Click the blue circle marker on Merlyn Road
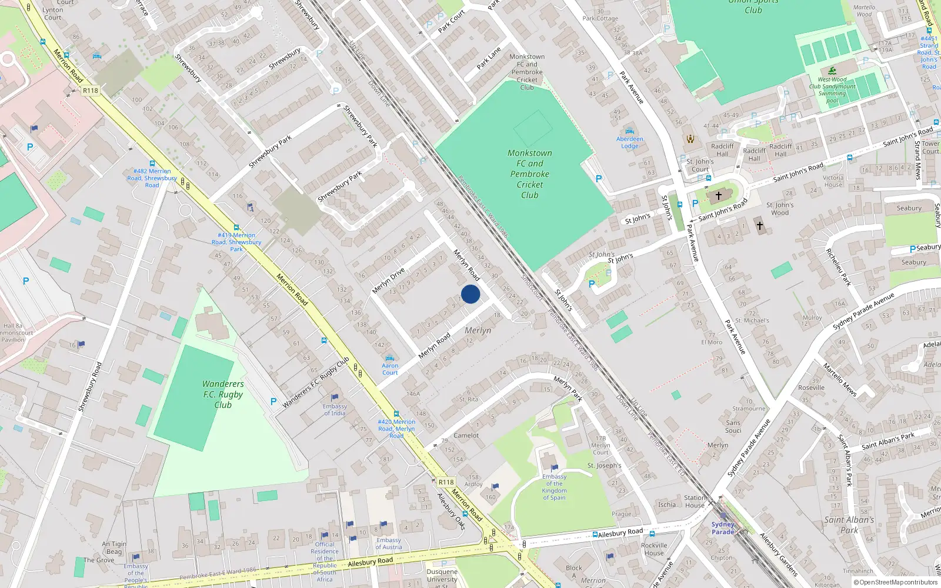pyautogui.click(x=470, y=294)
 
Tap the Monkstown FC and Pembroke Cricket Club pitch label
pyautogui.click(x=530, y=174)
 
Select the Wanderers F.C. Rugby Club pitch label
pyautogui.click(x=223, y=395)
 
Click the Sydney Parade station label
pyautogui.click(x=723, y=527)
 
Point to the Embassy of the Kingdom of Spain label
pyautogui.click(x=554, y=487)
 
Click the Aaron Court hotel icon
pyautogui.click(x=389, y=358)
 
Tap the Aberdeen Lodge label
pyautogui.click(x=629, y=142)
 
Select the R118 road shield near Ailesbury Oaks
pyautogui.click(x=446, y=482)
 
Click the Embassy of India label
pyautogui.click(x=335, y=409)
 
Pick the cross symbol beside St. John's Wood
pyautogui.click(x=759, y=225)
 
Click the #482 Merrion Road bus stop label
pyautogui.click(x=152, y=178)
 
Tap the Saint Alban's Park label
pyautogui.click(x=849, y=524)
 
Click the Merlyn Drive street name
pyautogui.click(x=388, y=281)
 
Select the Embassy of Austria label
pyautogui.click(x=389, y=543)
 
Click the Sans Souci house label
pyautogui.click(x=733, y=426)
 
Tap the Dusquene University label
pyautogui.click(x=442, y=575)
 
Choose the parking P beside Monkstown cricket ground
pyautogui.click(x=599, y=179)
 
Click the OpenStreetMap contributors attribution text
pyautogui.click(x=896, y=582)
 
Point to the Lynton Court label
pyautogui.click(x=52, y=14)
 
